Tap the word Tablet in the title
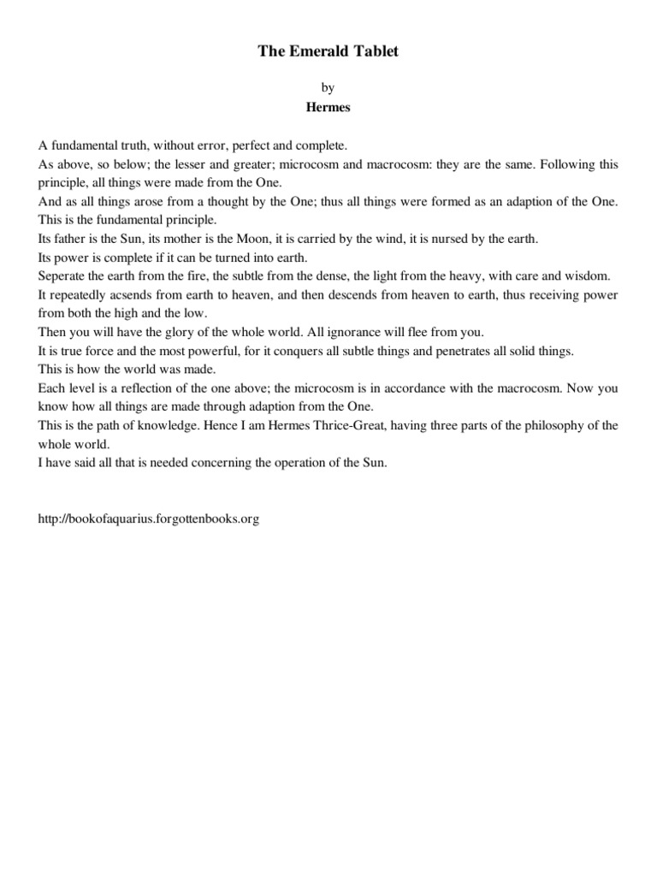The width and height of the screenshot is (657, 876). point(375,52)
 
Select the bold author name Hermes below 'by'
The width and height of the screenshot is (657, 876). point(328,109)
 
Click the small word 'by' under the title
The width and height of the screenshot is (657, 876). point(328,87)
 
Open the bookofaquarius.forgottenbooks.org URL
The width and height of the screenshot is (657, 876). point(147,519)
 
